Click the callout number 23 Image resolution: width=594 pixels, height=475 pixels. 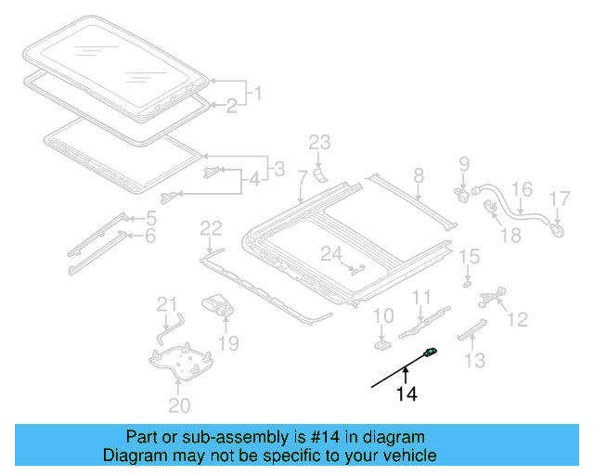tap(319, 142)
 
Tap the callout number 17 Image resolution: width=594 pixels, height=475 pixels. tap(559, 198)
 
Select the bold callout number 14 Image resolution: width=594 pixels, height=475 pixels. tap(407, 394)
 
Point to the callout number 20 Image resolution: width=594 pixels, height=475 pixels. tap(179, 404)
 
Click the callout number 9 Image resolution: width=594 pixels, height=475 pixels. tap(464, 166)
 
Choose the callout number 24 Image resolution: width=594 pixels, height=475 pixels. tap(331, 253)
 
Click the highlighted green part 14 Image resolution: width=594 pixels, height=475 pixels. tap(431, 352)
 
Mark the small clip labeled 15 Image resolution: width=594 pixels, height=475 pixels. tap(468, 280)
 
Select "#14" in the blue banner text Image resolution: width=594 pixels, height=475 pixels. tap(325, 436)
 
